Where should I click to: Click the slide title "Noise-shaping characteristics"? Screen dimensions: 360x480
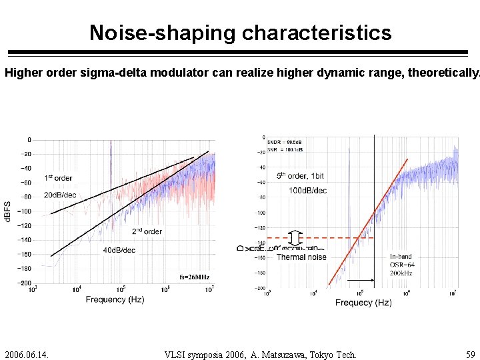click(240, 32)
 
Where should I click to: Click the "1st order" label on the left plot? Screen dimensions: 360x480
click(59, 178)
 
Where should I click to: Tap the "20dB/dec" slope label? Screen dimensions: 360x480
click(60, 195)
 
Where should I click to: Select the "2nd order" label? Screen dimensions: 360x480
click(147, 231)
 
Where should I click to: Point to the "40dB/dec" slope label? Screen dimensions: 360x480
click(119, 250)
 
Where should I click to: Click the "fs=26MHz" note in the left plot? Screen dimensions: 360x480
click(195, 277)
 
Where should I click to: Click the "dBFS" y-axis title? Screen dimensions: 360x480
click(8, 211)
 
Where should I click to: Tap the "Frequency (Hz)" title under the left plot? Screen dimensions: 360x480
click(115, 300)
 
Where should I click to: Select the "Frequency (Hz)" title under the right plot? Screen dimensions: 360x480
click(363, 303)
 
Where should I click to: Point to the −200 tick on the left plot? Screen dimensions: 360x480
click(24, 283)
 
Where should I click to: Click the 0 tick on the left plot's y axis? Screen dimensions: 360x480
click(29, 140)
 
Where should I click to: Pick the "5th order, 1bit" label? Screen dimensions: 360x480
click(301, 176)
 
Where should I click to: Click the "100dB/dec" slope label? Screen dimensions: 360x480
click(307, 191)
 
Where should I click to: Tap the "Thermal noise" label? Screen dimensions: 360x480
click(301, 257)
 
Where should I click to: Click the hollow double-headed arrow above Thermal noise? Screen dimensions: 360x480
click(297, 238)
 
